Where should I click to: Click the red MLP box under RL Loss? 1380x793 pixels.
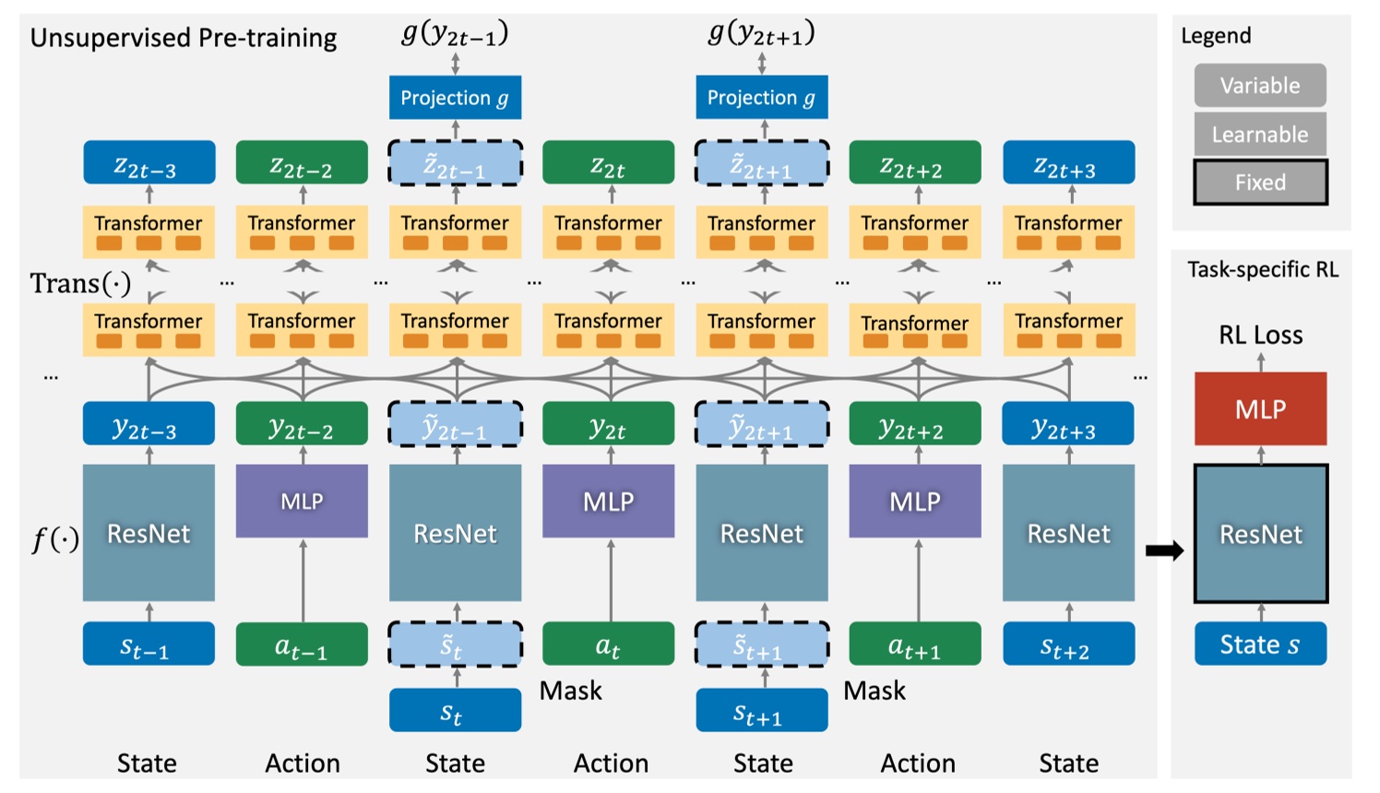click(1260, 408)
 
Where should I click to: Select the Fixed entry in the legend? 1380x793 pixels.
click(1260, 183)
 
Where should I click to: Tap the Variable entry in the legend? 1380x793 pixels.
click(1260, 86)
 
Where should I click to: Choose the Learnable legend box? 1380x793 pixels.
click(1260, 135)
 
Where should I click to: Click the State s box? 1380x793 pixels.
click(1260, 644)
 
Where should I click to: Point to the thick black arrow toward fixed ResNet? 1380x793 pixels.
click(1164, 551)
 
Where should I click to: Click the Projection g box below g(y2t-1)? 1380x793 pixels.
click(455, 98)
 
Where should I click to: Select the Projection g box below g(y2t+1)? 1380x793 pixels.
click(761, 98)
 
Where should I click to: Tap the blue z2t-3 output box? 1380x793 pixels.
click(149, 163)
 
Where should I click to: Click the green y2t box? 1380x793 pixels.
click(608, 424)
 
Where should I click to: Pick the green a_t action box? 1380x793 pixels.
click(608, 644)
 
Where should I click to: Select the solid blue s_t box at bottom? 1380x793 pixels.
click(455, 710)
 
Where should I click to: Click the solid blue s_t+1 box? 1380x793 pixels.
click(761, 710)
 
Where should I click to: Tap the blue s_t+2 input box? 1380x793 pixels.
click(1068, 644)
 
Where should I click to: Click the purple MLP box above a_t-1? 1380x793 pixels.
click(302, 501)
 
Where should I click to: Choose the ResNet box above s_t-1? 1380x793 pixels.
click(149, 533)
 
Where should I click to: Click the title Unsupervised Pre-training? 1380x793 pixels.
click(184, 38)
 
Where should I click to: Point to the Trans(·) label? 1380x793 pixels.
click(80, 283)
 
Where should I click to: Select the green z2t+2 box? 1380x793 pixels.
click(914, 163)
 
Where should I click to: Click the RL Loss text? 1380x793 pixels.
click(1260, 335)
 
